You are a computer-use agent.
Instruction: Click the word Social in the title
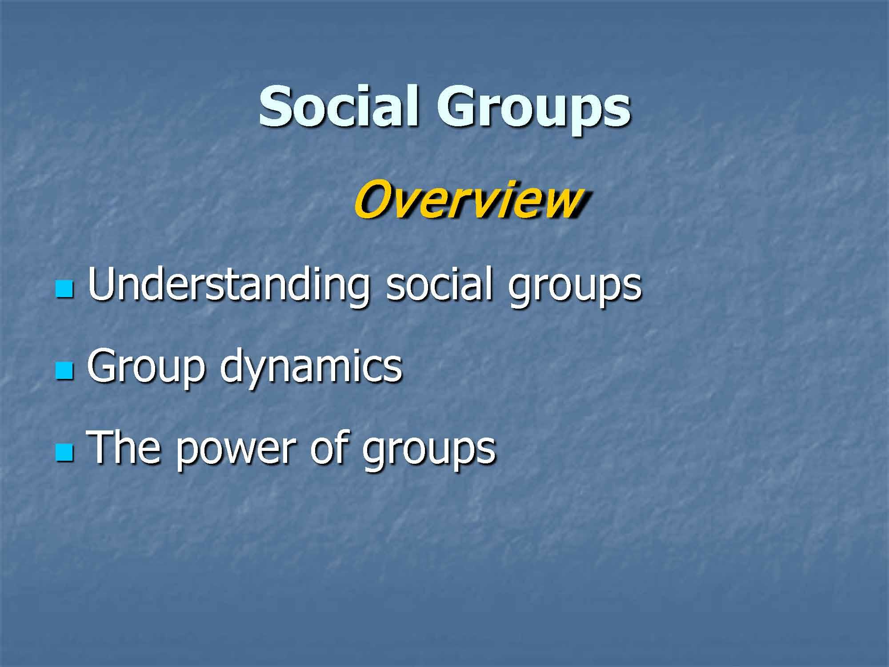pyautogui.click(x=338, y=107)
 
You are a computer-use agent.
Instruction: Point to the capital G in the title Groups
pyautogui.click(x=458, y=107)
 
